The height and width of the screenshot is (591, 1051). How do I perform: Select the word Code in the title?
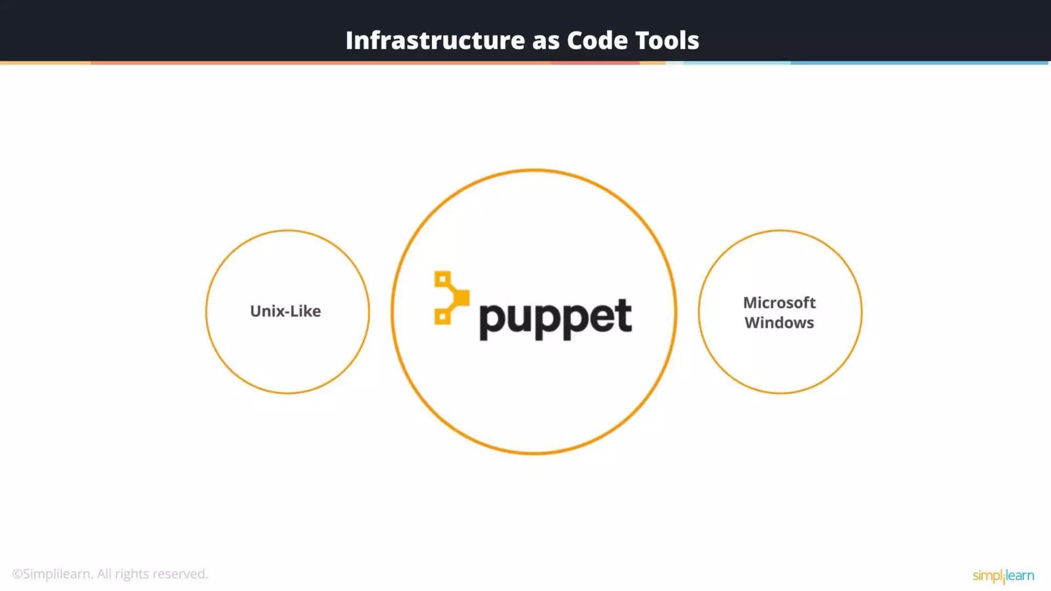597,41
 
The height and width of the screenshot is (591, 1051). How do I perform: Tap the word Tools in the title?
667,41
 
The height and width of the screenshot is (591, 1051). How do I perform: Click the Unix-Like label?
285,311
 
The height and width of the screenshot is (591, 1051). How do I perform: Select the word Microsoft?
779,303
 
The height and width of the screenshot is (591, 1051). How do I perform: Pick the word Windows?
779,323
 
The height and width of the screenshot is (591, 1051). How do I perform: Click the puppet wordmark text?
555,318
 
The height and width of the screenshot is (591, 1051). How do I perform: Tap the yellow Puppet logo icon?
451,298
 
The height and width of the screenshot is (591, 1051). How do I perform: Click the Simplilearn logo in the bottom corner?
1003,576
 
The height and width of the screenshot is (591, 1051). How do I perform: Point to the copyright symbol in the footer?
17,574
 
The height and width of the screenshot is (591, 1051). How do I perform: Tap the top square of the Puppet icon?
442,280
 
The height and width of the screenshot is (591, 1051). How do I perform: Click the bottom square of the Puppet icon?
442,317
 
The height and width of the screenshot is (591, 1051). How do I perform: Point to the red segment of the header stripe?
595,63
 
